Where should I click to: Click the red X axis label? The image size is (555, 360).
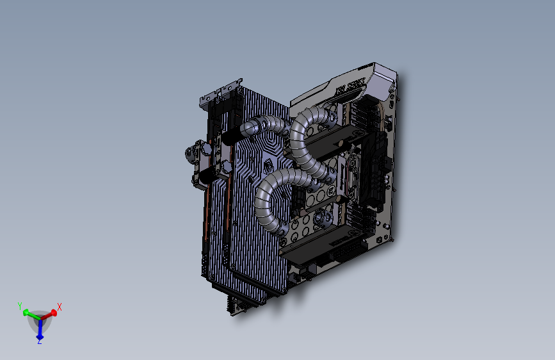coord(60,307)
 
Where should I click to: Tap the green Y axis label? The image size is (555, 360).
coord(20,306)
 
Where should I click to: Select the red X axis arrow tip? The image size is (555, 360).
coord(54,313)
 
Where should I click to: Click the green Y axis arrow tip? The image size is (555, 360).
coord(26,313)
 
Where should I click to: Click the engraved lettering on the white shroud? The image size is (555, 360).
coord(350,87)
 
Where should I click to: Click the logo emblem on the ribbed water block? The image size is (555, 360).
coord(268,166)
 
